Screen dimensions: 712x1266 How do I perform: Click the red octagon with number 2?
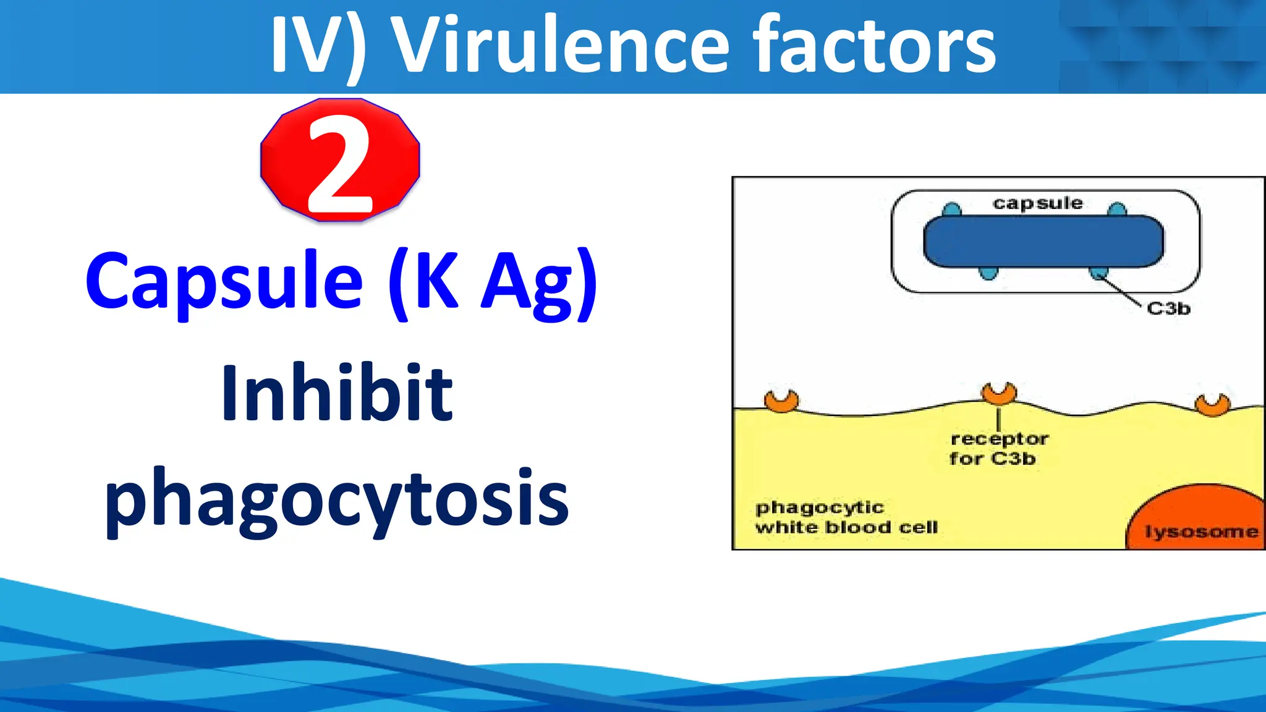[340, 159]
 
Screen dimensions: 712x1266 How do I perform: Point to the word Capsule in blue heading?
[224, 281]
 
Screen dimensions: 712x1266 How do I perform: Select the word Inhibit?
[338, 393]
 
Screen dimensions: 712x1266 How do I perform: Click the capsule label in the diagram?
[1038, 203]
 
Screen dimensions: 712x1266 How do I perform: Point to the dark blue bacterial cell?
[1043, 242]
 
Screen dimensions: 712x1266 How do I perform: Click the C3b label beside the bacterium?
[1168, 308]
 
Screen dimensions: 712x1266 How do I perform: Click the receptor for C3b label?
[998, 449]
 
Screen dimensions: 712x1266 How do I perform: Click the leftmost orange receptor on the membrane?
[781, 401]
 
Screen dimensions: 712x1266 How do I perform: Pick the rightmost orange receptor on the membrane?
[1212, 405]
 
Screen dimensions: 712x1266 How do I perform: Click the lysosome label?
[1201, 532]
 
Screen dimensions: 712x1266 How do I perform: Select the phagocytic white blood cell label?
[846, 517]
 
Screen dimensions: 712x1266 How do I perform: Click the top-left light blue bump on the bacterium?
[952, 210]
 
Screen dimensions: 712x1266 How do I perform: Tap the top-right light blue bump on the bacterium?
[1117, 210]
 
